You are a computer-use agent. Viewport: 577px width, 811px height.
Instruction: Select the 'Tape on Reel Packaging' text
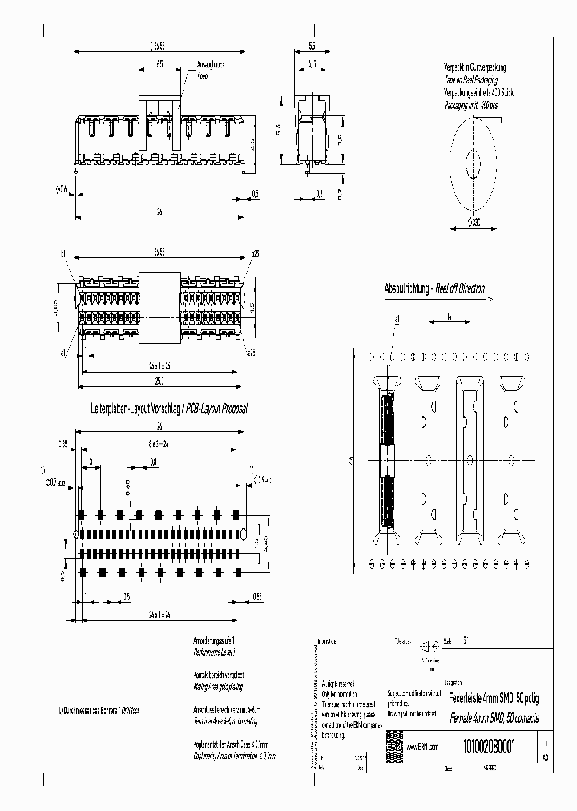click(471, 81)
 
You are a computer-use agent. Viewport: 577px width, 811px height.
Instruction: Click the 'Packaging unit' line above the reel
click(473, 104)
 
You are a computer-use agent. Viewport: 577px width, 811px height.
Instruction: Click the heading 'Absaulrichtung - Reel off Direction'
click(434, 288)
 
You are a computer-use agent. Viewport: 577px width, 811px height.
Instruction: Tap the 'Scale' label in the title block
click(447, 641)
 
